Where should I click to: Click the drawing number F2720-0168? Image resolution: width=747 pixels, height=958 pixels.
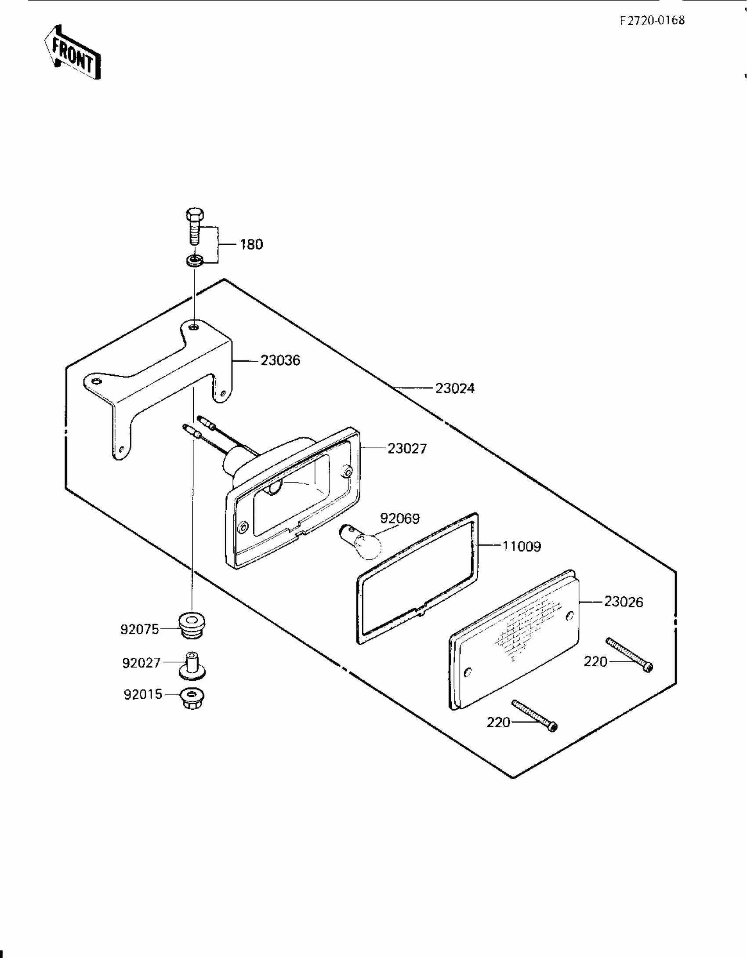(x=652, y=21)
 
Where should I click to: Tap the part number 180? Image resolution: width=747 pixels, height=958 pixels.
(x=251, y=244)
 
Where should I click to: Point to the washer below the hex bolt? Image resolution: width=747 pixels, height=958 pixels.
(x=193, y=260)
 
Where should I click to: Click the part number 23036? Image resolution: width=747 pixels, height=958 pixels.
(x=280, y=360)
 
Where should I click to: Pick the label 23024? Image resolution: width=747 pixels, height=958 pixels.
(x=455, y=388)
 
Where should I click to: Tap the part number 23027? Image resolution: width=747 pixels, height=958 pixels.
(x=407, y=449)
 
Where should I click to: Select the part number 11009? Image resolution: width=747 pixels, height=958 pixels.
(x=522, y=547)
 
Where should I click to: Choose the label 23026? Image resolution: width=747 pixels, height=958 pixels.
(x=624, y=602)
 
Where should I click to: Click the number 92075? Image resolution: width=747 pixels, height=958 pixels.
(x=140, y=630)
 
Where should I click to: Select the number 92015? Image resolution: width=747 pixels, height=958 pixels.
(x=143, y=695)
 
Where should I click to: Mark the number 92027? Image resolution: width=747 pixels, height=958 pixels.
(x=141, y=663)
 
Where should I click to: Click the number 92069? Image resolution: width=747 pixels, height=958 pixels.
(x=400, y=519)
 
